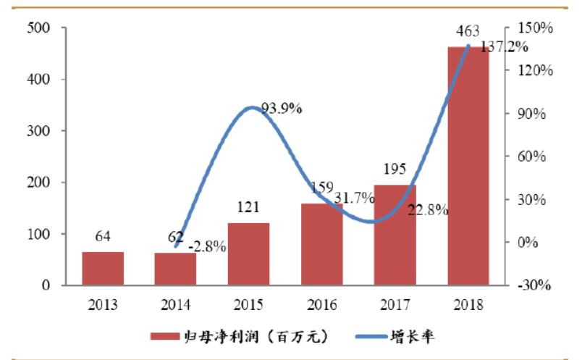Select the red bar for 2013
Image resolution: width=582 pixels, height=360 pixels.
pos(103,269)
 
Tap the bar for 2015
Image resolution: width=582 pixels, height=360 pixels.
pos(248,254)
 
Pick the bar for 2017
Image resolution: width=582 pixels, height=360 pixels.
pos(395,235)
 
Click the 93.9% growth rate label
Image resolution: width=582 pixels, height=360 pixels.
pos(282,109)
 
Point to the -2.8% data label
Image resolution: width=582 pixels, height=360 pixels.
pos(207,248)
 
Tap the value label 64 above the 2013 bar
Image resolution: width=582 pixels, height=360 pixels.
pos(103,237)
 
